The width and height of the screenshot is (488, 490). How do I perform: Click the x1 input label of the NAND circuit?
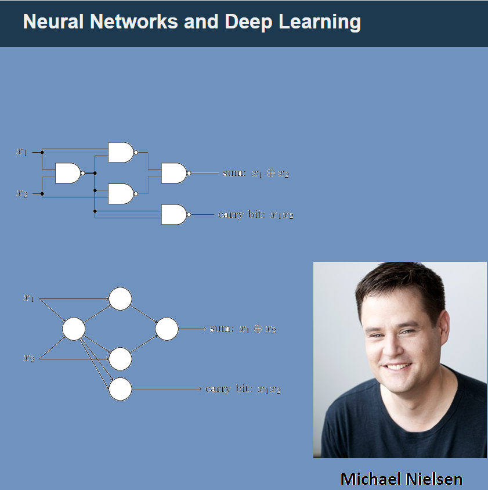21,152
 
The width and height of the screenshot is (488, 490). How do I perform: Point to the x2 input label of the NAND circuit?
21,194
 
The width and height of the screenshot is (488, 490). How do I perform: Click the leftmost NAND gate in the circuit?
68,173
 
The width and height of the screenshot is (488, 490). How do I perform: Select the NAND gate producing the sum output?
174,173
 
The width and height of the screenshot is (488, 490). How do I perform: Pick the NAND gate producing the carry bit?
174,215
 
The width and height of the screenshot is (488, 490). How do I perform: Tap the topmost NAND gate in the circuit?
121,152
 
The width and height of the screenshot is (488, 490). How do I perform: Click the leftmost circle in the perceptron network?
74,329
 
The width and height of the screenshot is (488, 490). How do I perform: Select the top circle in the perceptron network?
120,299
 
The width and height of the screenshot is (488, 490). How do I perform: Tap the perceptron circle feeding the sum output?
167,329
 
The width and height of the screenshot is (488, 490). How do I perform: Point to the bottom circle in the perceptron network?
120,389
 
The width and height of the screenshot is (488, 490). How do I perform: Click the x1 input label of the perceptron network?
28,298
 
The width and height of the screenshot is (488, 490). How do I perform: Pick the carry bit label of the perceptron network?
243,389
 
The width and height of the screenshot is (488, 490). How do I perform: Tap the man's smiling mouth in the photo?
397,367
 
